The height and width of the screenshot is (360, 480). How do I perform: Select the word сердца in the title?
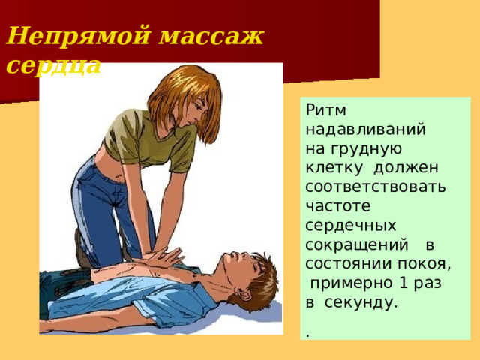tap(52, 65)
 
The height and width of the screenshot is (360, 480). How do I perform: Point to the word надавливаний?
tap(366, 129)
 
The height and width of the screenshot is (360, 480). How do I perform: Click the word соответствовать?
tap(376, 184)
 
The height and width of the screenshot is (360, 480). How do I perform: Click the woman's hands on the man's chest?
tap(166, 256)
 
